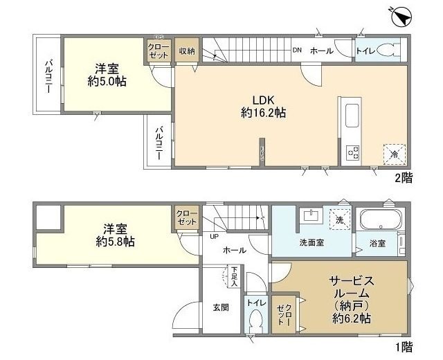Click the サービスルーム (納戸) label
coord(351,299)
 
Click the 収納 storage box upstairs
coord(186,51)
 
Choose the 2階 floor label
coord(404,178)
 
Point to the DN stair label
coord(297,50)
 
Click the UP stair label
coord(213,236)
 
